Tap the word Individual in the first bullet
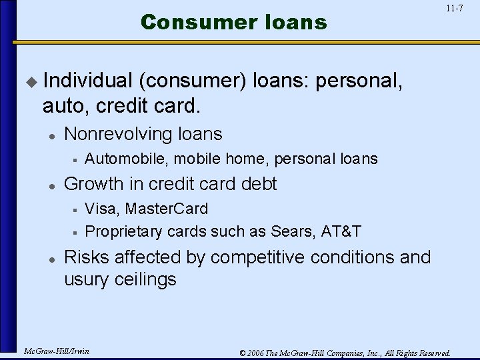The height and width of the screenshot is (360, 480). tap(87, 81)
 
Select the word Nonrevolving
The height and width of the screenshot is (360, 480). tap(118, 134)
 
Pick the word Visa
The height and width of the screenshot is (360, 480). tap(99, 209)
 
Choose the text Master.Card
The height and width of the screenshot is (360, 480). tap(167, 209)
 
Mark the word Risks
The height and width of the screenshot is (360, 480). tap(89, 257)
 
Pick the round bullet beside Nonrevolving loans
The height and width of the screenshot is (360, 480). tap(51, 135)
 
